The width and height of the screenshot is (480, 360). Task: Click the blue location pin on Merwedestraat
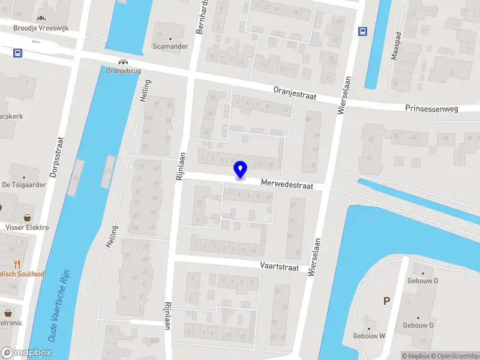tap(240, 170)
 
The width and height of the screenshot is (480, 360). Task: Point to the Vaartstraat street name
tap(280, 265)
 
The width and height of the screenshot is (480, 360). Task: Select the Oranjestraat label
tap(294, 92)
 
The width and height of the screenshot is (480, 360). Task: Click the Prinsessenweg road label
tap(432, 109)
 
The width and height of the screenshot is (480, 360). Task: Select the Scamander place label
tap(170, 46)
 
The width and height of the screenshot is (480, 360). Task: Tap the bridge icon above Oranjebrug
tap(124, 62)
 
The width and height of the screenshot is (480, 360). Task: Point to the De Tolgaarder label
tap(24, 185)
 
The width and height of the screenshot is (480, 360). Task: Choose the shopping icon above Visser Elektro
tap(27, 218)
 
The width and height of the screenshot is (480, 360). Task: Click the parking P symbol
tap(387, 301)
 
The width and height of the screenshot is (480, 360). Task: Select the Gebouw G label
tap(418, 325)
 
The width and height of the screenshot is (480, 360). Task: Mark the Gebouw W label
tap(369, 335)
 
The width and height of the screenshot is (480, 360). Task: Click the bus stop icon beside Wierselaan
tap(362, 32)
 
